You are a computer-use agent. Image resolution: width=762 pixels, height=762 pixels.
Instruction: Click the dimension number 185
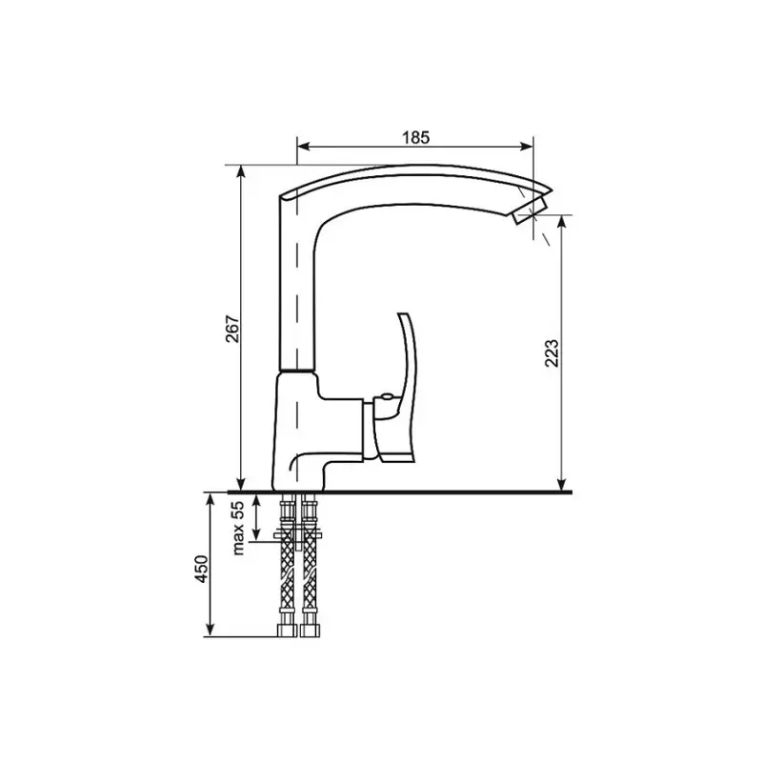point(415,136)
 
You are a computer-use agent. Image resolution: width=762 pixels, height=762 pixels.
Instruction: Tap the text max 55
point(239,526)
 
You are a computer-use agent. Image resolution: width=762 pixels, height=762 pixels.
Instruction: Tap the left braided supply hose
point(286,571)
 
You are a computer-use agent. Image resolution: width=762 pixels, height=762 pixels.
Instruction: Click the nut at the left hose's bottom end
point(286,630)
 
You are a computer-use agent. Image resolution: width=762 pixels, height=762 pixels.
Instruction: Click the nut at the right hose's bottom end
point(308,630)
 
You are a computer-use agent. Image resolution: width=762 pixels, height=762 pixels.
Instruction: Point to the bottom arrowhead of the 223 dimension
point(562,484)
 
